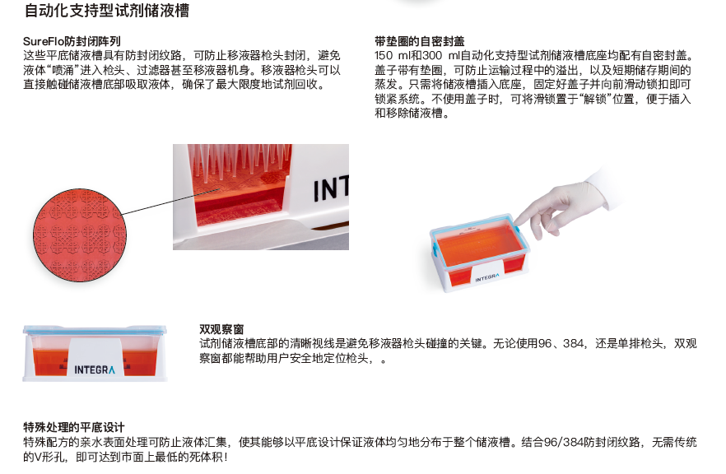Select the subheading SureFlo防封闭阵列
pos(72,40)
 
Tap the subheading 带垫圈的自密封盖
pos(420,40)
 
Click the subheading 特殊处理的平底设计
pos(74,427)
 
